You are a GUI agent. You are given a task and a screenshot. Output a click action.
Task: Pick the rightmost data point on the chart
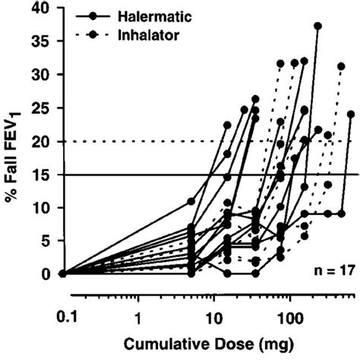pos(351,114)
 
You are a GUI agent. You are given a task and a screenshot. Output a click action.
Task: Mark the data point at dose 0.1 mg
pos(63,273)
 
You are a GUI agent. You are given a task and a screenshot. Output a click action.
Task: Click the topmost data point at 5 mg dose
pos(191,201)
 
